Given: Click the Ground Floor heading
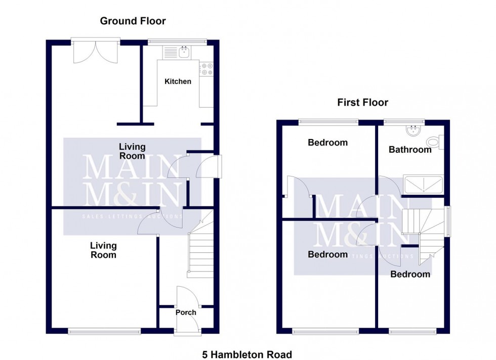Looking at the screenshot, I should (x=133, y=21).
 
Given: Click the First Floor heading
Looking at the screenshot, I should (x=362, y=103).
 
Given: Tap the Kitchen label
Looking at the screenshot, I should (x=178, y=81).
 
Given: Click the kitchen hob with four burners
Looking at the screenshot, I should (x=206, y=69).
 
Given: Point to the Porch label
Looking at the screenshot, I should (x=186, y=312).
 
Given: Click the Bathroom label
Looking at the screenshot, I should (x=410, y=150).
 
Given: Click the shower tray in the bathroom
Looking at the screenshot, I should (x=423, y=185).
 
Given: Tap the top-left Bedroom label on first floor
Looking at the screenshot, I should (x=327, y=143).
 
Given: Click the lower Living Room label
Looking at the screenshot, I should (x=103, y=250).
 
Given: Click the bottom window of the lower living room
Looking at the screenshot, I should (x=104, y=331).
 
